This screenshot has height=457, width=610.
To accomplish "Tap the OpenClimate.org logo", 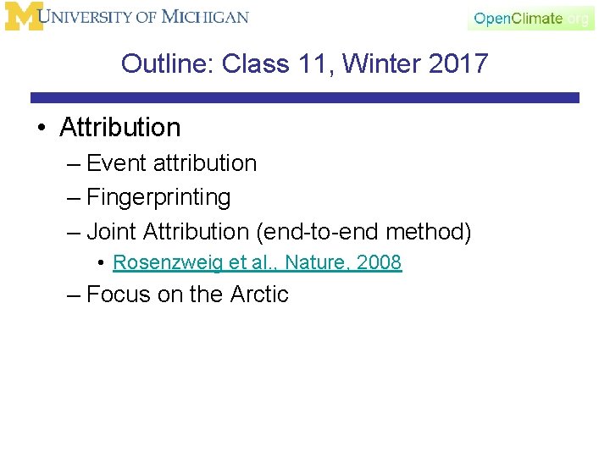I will coord(530,18).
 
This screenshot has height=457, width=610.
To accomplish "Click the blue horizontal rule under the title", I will coord(305,98).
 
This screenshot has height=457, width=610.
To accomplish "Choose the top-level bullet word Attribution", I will coord(120,128).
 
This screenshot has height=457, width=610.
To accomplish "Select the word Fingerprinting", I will coord(158,197).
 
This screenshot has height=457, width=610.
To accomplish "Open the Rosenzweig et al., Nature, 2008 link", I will coord(257,262).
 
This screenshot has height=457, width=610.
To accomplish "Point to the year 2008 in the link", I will coord(379,262).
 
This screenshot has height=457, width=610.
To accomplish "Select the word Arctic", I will coord(259,295).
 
